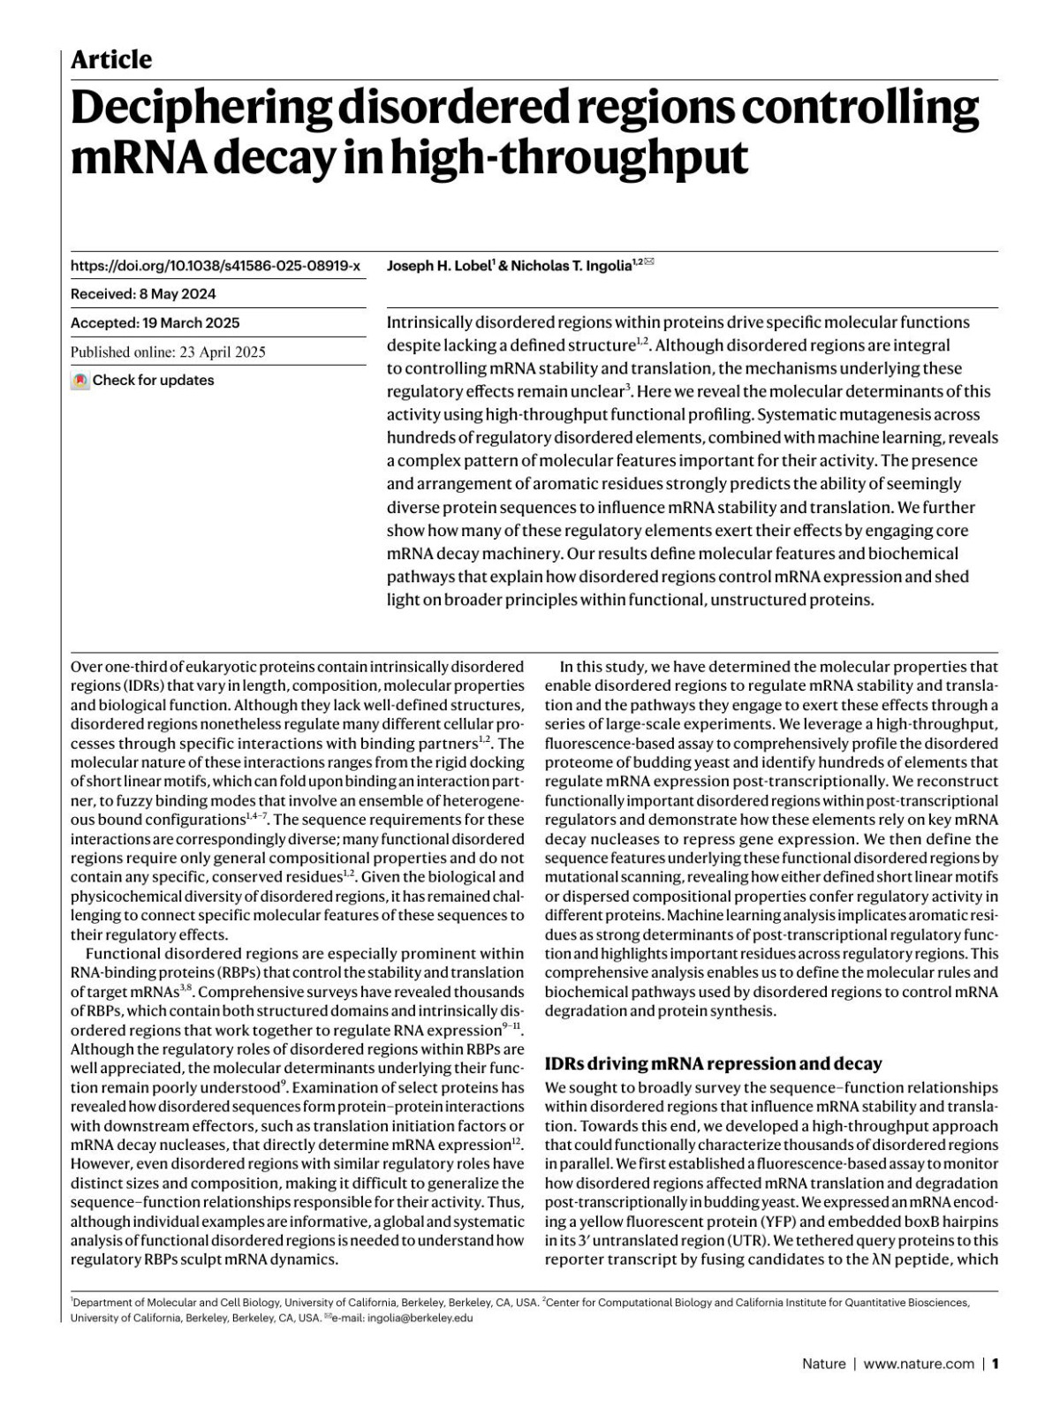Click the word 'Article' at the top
click(x=111, y=60)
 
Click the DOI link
click(x=216, y=266)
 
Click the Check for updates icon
click(x=80, y=381)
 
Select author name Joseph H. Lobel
click(x=437, y=266)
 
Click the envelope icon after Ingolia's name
click(x=649, y=262)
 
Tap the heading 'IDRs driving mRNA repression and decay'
click(x=714, y=1063)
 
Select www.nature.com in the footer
click(x=919, y=1364)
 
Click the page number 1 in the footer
click(x=996, y=1364)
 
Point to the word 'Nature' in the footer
click(x=822, y=1364)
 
